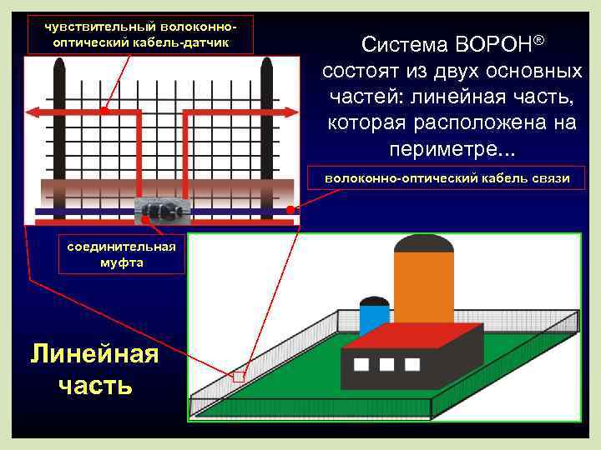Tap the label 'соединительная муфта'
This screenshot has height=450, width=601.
tap(122, 254)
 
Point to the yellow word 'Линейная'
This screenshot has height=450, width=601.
tap(93, 354)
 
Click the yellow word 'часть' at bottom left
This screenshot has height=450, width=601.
tap(94, 385)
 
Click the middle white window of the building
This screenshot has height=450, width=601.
tap(386, 364)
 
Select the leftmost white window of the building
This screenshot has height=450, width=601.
tap(361, 364)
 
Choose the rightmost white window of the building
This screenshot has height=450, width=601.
tap(412, 364)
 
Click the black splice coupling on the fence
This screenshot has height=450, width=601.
tap(161, 211)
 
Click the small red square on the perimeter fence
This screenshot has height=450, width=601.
tap(239, 377)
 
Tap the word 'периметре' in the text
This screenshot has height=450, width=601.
tap(447, 150)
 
